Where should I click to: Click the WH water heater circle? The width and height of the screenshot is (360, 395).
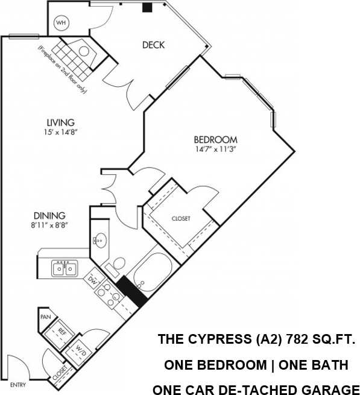coord(61,23)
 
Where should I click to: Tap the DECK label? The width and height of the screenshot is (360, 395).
coord(153,45)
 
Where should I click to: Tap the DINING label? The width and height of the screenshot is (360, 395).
coord(49,215)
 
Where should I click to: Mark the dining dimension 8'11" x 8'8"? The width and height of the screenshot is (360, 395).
coord(49,226)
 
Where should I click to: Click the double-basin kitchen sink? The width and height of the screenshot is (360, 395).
coord(65,268)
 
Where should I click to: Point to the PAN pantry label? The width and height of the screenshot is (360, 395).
coord(45,317)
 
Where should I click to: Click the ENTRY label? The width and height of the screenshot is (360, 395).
coord(18,385)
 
